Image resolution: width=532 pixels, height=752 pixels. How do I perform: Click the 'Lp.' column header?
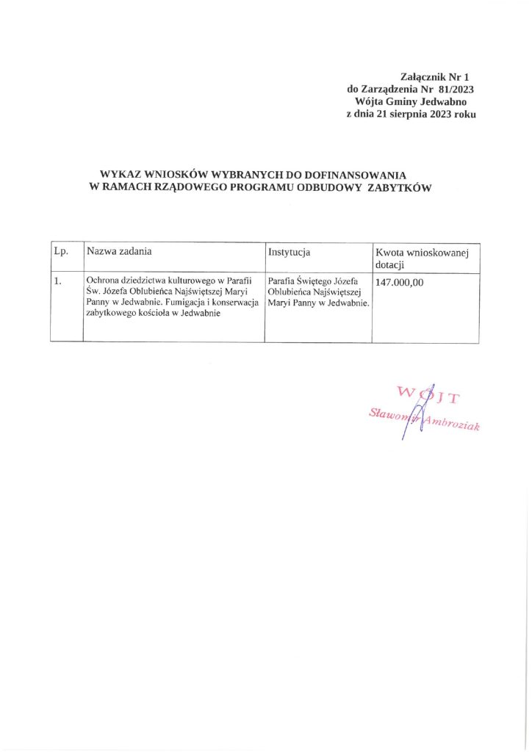point(61,252)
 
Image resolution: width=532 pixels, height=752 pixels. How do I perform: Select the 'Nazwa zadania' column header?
point(119,251)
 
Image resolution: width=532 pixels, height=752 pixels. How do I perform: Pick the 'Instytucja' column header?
point(290,252)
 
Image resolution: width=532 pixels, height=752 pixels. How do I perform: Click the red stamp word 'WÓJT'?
point(427,395)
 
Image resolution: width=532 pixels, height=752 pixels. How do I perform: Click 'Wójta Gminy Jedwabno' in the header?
point(415,102)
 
